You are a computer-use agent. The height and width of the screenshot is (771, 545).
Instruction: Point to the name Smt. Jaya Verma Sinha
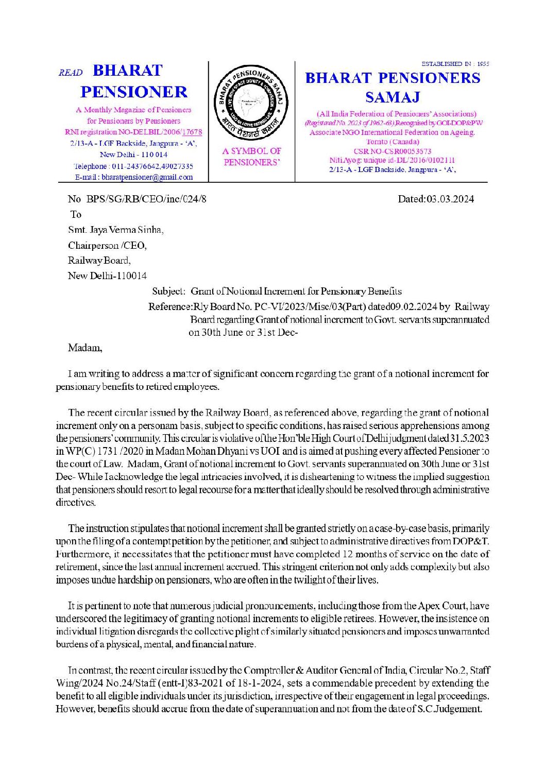116,230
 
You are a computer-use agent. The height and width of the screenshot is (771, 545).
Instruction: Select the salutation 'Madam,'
85,348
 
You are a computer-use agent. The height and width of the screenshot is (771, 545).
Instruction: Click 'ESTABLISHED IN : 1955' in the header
455,64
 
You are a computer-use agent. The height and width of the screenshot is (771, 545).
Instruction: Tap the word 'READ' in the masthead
71,73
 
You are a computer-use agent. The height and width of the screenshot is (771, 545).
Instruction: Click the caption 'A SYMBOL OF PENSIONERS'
252,157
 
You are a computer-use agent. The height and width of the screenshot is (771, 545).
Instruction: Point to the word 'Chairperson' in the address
93,245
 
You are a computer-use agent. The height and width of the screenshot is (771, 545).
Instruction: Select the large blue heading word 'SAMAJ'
393,97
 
